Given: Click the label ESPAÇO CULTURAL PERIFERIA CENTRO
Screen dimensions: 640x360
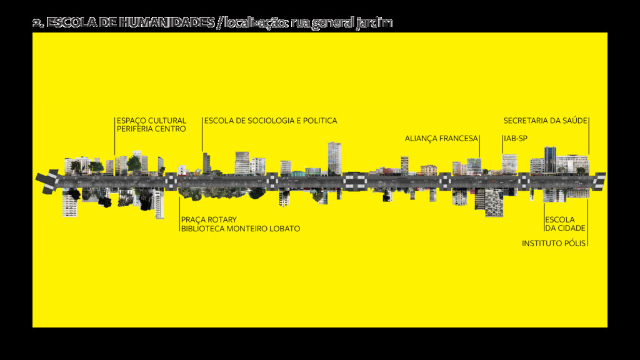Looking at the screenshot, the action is click(151, 125).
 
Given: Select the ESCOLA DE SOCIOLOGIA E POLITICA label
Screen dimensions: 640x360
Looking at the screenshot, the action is click(271, 121).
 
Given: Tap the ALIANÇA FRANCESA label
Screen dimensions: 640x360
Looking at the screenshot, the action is click(441, 139).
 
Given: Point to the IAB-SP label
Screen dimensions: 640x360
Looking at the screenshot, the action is click(516, 139).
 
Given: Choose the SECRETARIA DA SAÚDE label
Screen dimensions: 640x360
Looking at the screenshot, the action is click(545, 121).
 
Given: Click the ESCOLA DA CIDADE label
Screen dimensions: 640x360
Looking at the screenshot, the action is click(565, 224).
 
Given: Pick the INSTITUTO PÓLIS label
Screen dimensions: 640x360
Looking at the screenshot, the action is click(554, 243).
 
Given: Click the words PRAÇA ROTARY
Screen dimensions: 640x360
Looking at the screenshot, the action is click(209, 220).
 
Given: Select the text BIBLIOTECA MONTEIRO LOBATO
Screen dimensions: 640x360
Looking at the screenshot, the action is click(241, 229).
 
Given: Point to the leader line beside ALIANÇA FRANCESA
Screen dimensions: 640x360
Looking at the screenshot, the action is click(479, 147).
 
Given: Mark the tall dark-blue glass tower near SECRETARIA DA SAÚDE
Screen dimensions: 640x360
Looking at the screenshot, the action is click(550, 159).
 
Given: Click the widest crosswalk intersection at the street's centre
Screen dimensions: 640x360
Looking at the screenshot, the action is click(354, 181).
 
